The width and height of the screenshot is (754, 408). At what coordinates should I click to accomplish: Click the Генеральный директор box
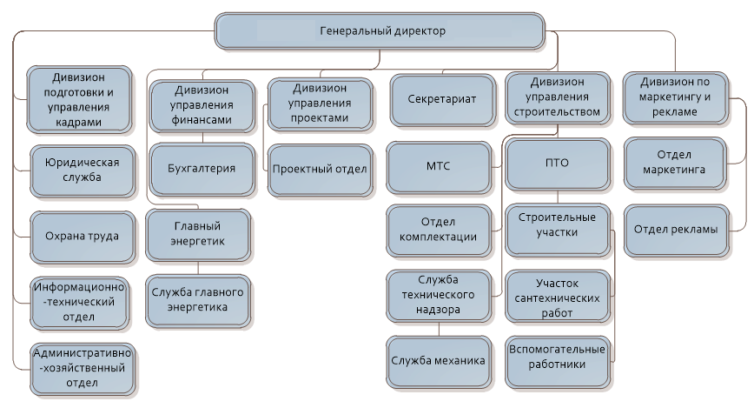(x=380, y=31)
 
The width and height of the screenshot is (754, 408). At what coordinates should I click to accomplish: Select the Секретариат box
(x=442, y=100)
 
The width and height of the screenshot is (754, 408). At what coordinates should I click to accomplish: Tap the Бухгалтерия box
(x=202, y=169)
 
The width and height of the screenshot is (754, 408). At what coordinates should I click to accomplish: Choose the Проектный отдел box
(x=320, y=170)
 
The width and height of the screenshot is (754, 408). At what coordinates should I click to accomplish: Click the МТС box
(x=439, y=167)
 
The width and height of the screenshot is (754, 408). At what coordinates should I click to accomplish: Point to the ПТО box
(x=558, y=164)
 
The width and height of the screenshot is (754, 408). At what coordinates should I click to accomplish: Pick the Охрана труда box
(x=83, y=237)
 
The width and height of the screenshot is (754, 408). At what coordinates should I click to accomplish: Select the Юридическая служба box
(x=83, y=171)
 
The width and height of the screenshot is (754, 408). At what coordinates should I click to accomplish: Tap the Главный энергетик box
(x=198, y=235)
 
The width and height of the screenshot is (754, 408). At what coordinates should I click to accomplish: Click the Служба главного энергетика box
(x=198, y=301)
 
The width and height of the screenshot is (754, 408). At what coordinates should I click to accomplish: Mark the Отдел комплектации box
(x=439, y=231)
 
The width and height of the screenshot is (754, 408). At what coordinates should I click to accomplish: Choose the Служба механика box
(x=439, y=362)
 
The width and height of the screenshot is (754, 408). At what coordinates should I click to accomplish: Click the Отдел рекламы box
(x=676, y=231)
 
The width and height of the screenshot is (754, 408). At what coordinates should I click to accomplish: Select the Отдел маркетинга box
(x=674, y=164)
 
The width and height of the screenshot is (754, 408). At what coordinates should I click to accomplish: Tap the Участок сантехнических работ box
(x=558, y=296)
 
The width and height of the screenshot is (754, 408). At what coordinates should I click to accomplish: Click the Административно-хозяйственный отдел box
(x=83, y=369)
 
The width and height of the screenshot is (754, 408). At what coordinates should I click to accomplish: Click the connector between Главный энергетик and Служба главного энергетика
(x=198, y=268)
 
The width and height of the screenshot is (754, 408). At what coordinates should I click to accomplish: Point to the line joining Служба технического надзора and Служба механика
(x=439, y=329)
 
